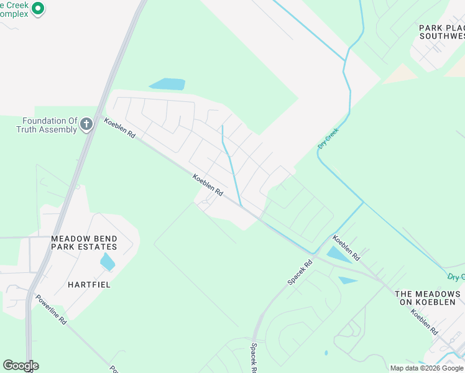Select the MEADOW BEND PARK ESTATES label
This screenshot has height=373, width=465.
point(84,242)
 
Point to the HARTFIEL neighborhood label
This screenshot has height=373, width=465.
point(89,285)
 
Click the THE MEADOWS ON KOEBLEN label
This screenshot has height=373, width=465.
point(428,298)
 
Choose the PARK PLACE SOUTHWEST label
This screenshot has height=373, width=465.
point(442,32)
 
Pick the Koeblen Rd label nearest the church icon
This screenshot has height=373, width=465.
point(120,128)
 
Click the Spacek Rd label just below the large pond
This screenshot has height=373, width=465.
point(300,272)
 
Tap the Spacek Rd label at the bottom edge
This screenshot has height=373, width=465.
point(254,359)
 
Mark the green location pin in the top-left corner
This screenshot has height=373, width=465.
point(38,9)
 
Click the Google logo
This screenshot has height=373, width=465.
point(21,366)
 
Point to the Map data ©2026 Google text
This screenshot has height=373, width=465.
point(427,368)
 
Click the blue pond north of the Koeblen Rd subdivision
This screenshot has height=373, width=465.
point(167,84)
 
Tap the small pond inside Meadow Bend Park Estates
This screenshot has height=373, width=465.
point(108,261)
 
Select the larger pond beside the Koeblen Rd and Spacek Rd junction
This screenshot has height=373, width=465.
point(338,254)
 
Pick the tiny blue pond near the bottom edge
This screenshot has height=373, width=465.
point(326,353)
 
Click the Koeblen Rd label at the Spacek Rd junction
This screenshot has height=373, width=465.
point(346,247)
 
